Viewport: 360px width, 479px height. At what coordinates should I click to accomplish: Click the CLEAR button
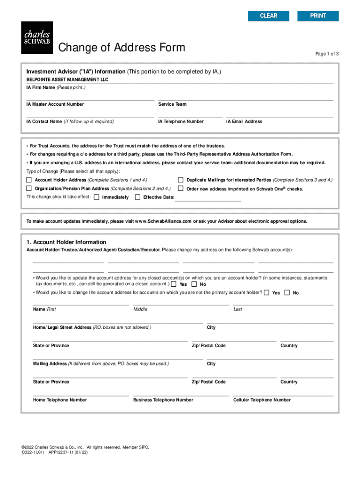click(268, 16)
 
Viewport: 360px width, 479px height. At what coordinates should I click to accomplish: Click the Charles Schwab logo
click(37, 37)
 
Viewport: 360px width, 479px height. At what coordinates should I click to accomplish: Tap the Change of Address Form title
click(122, 48)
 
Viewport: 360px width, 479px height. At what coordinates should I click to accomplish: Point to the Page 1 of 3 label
click(327, 54)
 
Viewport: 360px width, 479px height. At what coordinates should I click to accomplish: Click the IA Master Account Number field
click(90, 97)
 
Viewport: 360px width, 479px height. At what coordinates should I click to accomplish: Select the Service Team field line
click(245, 97)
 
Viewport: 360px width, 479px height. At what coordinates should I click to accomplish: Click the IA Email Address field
click(280, 114)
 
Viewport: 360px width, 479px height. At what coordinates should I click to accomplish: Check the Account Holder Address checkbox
click(29, 180)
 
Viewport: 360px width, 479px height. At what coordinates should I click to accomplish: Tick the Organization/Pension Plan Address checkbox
click(29, 189)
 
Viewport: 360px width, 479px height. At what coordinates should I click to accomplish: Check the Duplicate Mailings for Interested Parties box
click(180, 180)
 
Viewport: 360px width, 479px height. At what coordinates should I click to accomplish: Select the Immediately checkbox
click(96, 197)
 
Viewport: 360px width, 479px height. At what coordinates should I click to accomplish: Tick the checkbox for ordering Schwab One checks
click(180, 189)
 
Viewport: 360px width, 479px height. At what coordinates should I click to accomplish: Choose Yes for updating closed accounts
click(174, 284)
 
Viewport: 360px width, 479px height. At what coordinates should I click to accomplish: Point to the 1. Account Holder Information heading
click(66, 242)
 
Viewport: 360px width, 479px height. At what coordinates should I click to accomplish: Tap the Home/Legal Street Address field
click(118, 320)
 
